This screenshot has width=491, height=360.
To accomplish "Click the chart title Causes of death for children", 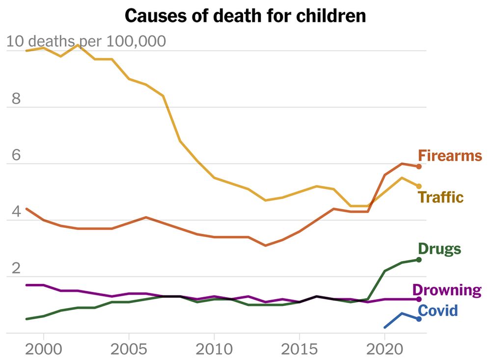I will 245,16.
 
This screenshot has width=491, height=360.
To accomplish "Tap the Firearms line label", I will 450,156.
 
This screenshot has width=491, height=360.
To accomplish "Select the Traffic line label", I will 441,197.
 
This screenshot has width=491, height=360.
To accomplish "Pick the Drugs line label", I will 439,249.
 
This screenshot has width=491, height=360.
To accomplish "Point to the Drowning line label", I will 447,290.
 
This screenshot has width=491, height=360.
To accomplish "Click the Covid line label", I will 438,310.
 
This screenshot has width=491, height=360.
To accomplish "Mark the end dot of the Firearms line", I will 419,166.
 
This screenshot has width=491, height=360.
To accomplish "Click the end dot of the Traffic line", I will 419,186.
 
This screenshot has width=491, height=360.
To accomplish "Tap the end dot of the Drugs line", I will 419,259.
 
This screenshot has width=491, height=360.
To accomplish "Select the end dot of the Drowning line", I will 419,299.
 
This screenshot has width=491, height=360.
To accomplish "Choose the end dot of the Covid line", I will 419,319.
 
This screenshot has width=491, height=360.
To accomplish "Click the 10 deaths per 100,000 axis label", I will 86,41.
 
